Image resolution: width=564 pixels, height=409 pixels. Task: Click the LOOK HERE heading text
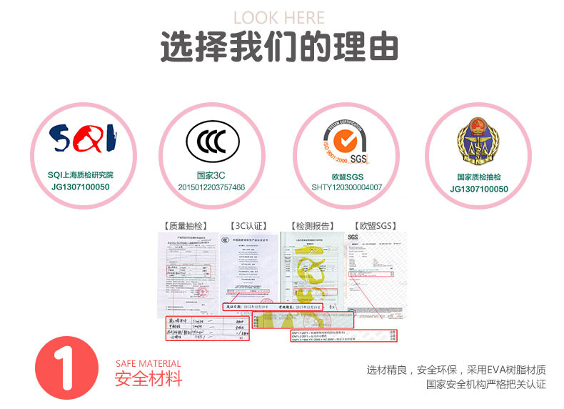[x=279, y=18]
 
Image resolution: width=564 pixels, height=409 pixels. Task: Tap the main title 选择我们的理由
[x=279, y=48]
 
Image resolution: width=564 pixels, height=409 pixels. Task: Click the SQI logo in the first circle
[x=80, y=139]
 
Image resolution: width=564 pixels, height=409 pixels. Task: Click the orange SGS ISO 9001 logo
[x=347, y=139]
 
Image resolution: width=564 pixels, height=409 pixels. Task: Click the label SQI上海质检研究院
[x=80, y=175]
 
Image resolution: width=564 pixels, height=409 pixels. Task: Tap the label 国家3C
[x=211, y=175]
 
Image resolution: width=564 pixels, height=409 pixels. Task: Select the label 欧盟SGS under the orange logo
[x=347, y=176]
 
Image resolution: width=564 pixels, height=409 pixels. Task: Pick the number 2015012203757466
[x=211, y=187]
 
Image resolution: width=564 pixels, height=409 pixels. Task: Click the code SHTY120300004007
[x=347, y=188]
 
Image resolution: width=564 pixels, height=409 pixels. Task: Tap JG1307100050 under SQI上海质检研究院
[x=80, y=187]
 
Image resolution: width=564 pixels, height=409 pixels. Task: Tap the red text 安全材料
[x=148, y=378]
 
